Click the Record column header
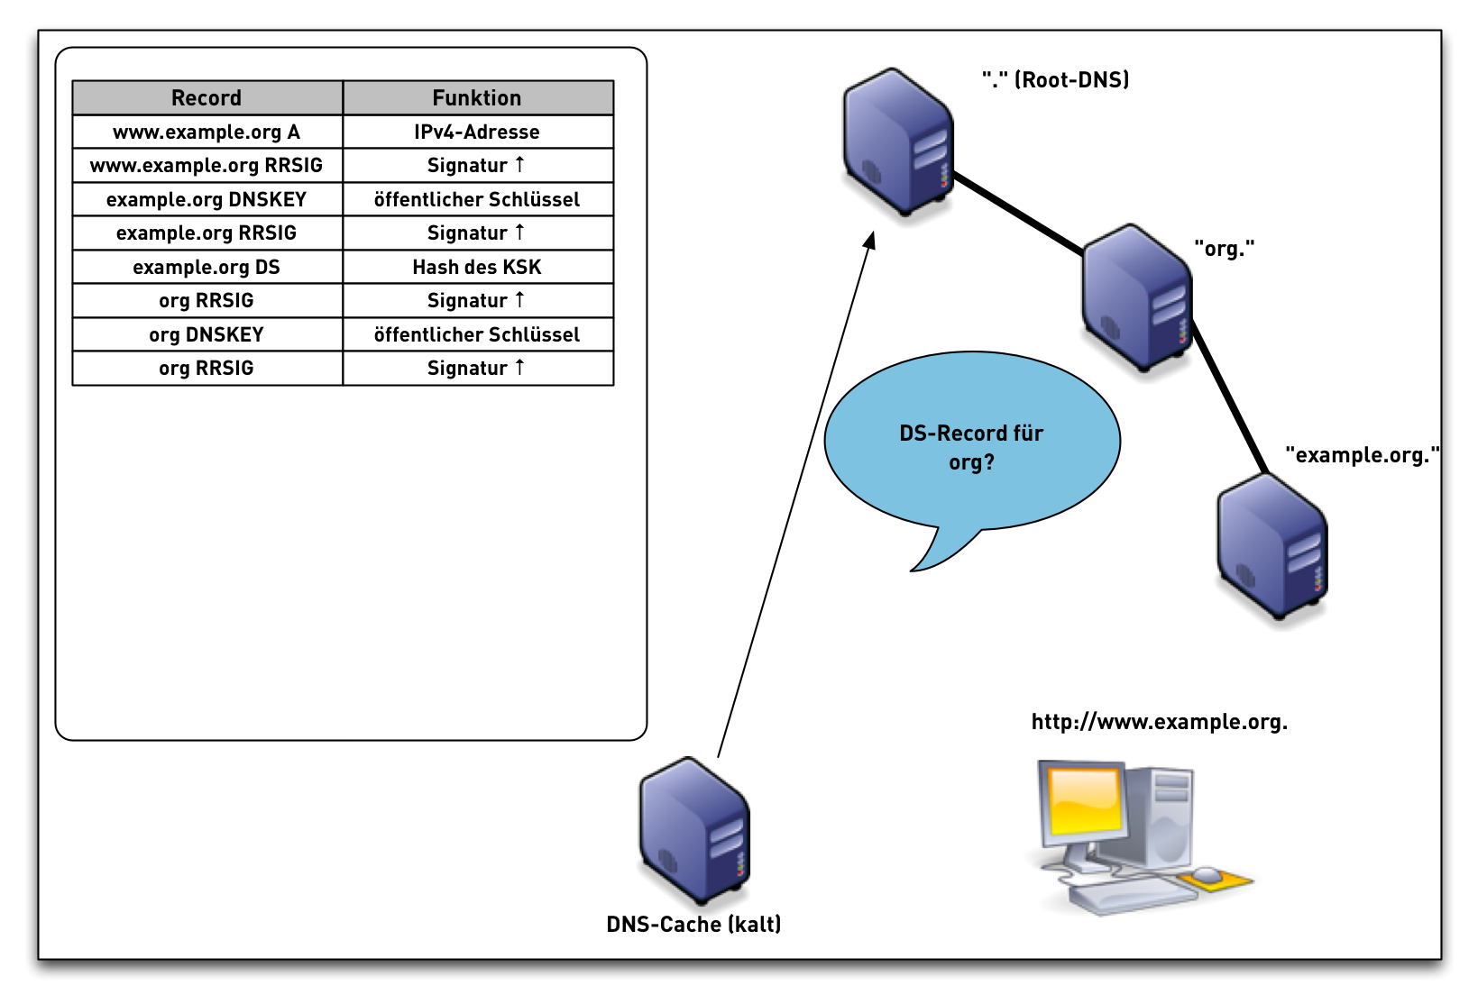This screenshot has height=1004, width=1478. coord(207,97)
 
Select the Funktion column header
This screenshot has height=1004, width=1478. coord(477,97)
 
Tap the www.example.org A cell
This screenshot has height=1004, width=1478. coord(207,132)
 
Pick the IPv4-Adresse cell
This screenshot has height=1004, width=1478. coord(477,132)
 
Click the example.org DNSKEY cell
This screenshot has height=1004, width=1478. coord(207,199)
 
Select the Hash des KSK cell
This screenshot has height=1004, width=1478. coord(477,267)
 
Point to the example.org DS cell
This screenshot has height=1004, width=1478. coord(207,267)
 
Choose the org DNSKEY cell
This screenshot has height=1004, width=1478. coord(207,334)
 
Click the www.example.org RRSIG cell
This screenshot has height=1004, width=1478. coord(207,165)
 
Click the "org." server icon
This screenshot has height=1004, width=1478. coord(1136,297)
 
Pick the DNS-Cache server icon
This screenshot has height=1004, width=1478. coord(693,830)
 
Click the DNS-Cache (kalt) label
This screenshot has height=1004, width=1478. coord(693,924)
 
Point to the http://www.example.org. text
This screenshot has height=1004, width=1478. coord(1159,722)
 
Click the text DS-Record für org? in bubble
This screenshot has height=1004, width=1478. coord(971,447)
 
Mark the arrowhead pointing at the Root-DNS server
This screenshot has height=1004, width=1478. coord(870,241)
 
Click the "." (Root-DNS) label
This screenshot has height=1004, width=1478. coord(1055,80)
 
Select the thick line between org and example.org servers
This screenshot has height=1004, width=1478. coord(1230,397)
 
